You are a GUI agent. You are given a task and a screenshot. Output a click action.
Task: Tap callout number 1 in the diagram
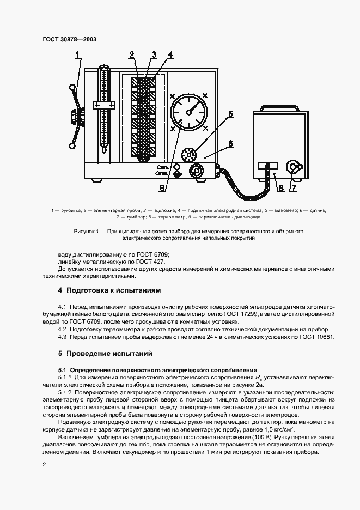point(78,54)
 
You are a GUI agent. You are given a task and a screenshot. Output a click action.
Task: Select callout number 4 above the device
point(170,54)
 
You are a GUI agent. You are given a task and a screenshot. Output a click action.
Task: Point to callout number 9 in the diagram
point(163,189)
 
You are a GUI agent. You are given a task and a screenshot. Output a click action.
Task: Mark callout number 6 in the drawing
point(230,143)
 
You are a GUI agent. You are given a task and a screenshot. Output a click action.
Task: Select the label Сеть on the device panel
point(163,167)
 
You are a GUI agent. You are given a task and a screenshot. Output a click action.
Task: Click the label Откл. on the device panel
point(163,174)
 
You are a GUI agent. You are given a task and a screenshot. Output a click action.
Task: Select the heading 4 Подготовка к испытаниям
point(109,290)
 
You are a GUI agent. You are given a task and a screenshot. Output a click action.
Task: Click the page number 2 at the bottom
point(44,464)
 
